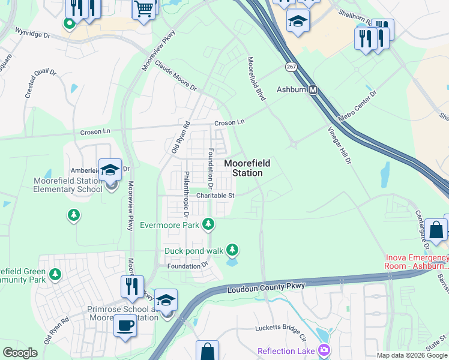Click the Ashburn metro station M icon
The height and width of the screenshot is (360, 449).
pyautogui.click(x=313, y=90)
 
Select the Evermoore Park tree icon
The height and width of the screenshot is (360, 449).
pyautogui.click(x=208, y=225)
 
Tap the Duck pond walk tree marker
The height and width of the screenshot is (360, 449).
pyautogui.click(x=232, y=250)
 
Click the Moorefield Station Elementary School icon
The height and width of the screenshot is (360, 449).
pyautogui.click(x=110, y=171)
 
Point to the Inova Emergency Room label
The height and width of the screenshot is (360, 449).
pyautogui.click(x=417, y=262)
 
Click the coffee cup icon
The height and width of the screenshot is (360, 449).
pyautogui.click(x=125, y=326)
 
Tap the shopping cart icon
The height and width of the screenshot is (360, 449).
pyautogui.click(x=144, y=10)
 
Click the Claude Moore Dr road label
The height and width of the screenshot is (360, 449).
pyautogui.click(x=175, y=75)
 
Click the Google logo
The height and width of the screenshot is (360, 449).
pyautogui.click(x=20, y=353)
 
